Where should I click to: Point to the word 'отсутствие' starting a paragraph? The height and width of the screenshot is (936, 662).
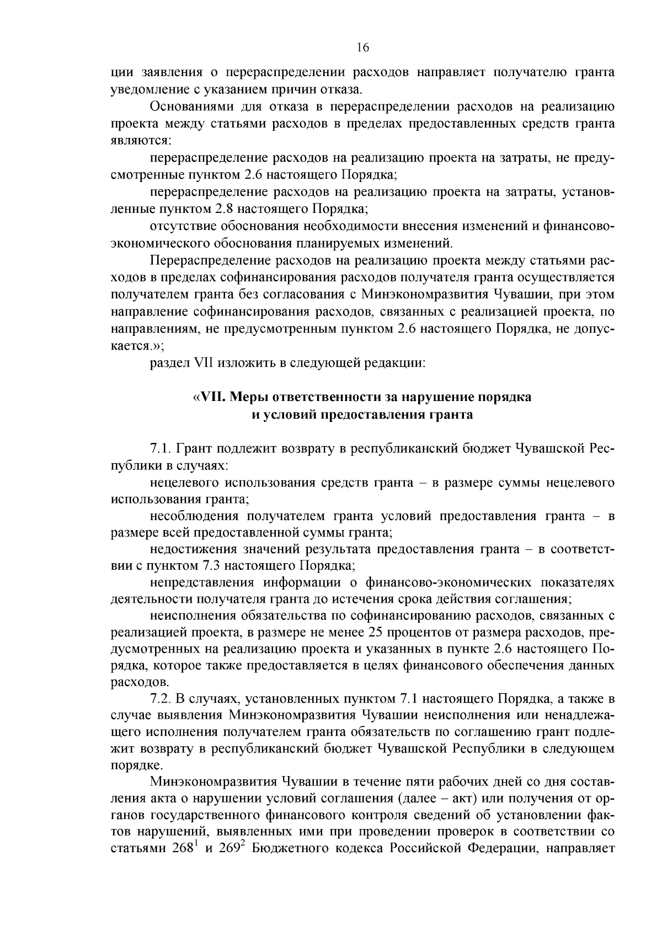click(182, 226)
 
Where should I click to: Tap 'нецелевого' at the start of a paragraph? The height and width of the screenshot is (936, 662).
click(183, 483)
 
